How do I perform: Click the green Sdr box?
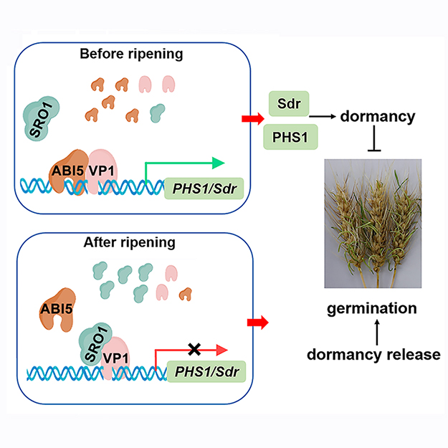(x=289, y=105)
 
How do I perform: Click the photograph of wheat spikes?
(x=373, y=222)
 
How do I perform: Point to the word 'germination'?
(x=372, y=309)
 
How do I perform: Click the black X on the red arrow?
(x=194, y=349)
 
